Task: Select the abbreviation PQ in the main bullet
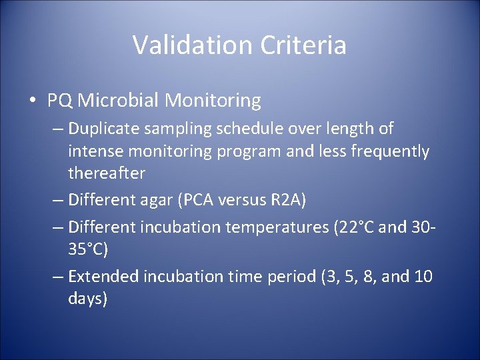click(x=60, y=101)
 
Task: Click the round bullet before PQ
click(x=32, y=101)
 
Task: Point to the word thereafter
click(x=106, y=173)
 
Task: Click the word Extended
click(x=103, y=276)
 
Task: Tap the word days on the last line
click(x=87, y=299)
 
